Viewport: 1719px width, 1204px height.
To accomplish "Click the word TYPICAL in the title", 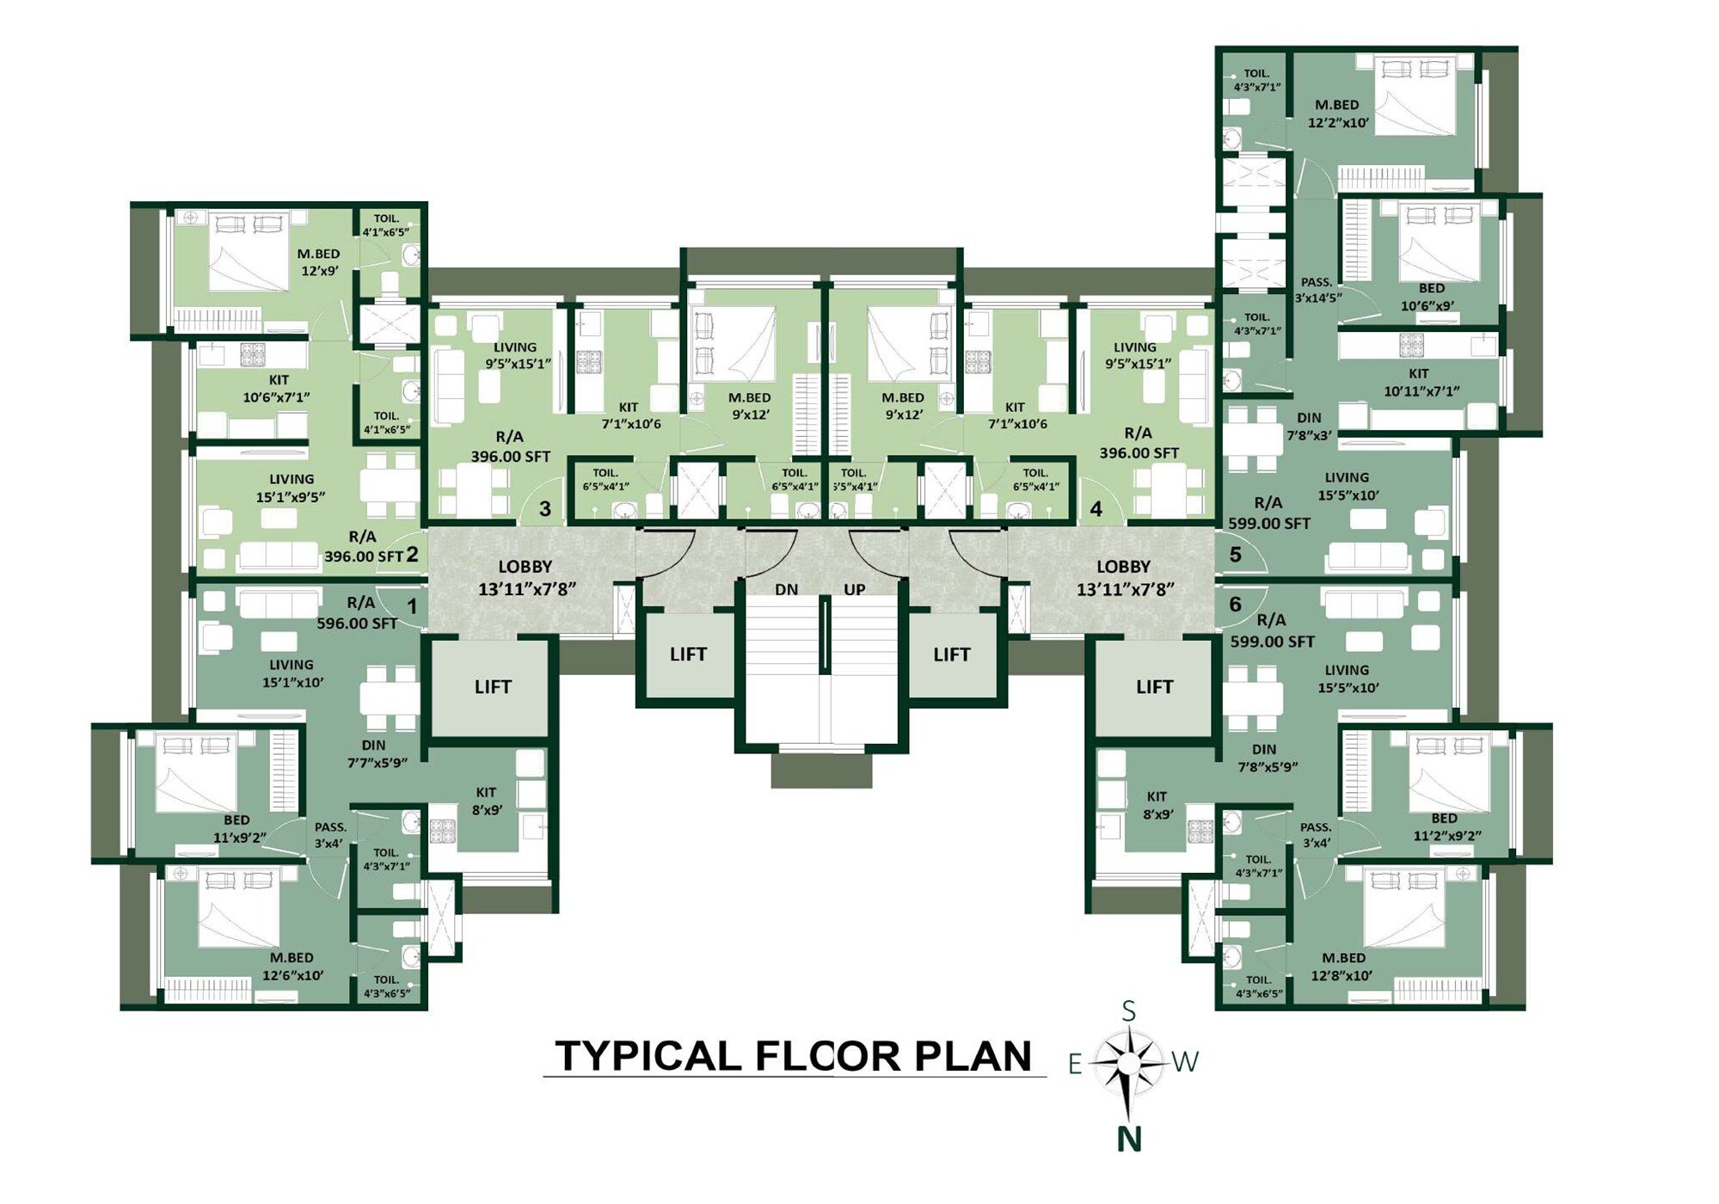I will [648, 1057].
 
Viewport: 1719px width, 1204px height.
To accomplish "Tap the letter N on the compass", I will [1128, 1139].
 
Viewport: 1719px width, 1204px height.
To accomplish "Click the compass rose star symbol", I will [1128, 1064].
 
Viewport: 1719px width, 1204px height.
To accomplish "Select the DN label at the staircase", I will [786, 590].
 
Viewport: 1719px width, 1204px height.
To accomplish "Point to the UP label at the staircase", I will [854, 590].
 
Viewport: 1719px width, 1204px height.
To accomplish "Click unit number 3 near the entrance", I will [544, 508].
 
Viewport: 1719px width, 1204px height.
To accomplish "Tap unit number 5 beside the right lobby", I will [1235, 555].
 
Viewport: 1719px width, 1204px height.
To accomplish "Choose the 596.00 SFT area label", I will [357, 623].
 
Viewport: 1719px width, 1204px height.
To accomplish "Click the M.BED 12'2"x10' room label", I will [1337, 114].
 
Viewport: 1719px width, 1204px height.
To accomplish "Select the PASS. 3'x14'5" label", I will [1317, 290].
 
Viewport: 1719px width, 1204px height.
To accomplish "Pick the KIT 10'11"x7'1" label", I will [1421, 382].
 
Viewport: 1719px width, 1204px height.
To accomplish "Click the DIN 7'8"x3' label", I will [1309, 427].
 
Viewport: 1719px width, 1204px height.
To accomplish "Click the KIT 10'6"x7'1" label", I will [277, 388].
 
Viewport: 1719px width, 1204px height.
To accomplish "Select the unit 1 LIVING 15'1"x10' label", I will [292, 673].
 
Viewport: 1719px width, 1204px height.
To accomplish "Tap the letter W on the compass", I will [1185, 1062].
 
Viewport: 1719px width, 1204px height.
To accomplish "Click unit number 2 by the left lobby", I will [412, 555].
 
